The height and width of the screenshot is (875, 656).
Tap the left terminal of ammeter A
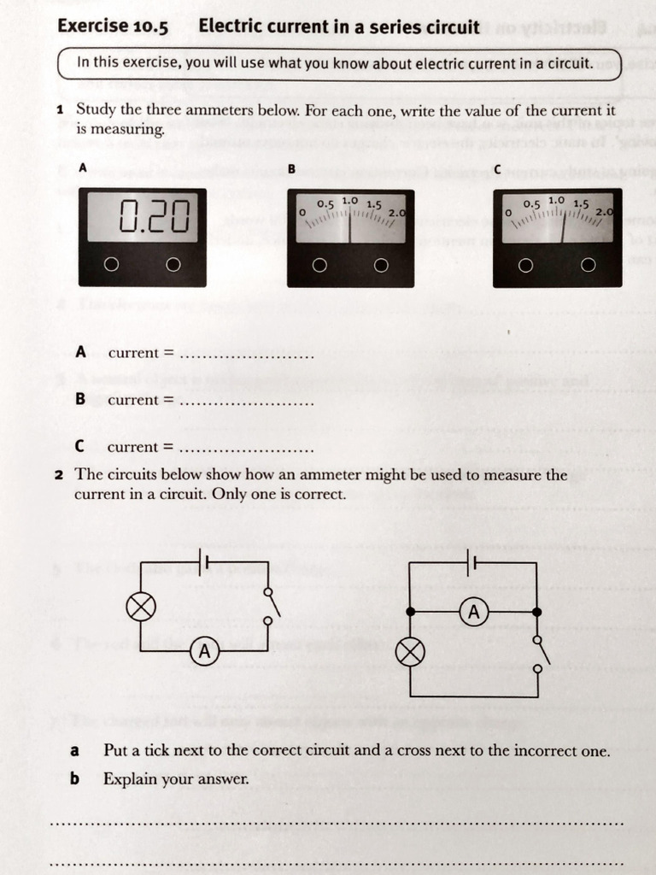point(111,265)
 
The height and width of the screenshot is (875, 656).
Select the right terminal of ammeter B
point(381,266)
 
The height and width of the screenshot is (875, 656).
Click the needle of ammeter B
point(350,228)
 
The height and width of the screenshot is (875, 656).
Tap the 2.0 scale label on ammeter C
point(605,212)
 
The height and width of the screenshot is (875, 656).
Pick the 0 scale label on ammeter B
point(302,211)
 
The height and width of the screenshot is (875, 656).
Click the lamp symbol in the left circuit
point(141,607)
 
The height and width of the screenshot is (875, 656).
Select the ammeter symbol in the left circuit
point(204,651)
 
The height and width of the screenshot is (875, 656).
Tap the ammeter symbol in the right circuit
point(474,612)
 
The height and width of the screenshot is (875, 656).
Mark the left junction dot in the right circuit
point(411,612)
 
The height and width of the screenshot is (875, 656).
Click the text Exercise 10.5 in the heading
point(113,26)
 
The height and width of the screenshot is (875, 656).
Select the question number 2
point(60,475)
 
